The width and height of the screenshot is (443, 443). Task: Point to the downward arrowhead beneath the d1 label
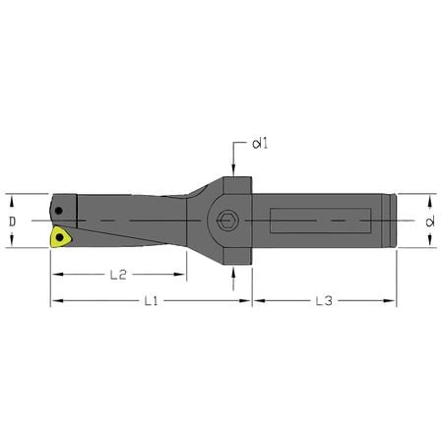232,162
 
